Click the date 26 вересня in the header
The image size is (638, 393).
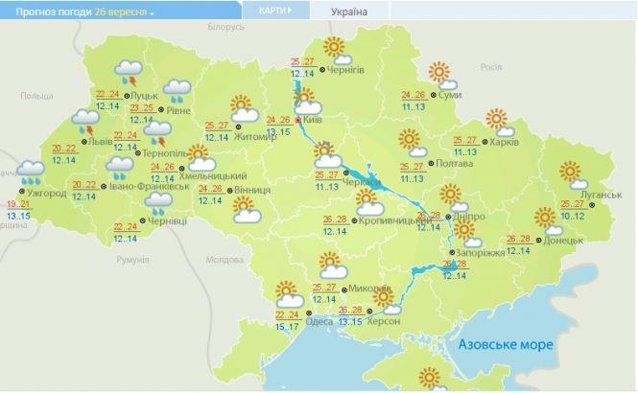click(123, 12)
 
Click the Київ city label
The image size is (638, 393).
click(312, 121)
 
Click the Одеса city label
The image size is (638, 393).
click(320, 320)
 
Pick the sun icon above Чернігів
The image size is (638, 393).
click(334, 48)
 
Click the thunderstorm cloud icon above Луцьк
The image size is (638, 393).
click(129, 71)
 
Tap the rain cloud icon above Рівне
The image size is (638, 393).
click(177, 91)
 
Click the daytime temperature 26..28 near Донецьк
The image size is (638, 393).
click(518, 239)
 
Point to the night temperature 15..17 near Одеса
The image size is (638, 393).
click(286, 327)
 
